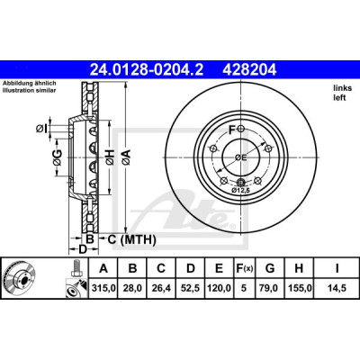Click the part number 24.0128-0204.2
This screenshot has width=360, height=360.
pos(147,70)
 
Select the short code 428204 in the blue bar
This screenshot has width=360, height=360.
pos(249,70)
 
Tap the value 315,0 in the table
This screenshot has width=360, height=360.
pos(103,288)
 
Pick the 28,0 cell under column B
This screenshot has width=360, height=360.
pos(132,288)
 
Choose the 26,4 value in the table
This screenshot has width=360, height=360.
pos(161,288)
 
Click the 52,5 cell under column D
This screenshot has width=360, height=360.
pos(191,288)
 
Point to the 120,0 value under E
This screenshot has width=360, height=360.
pos(220,288)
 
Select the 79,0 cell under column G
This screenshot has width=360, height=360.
pos(270,288)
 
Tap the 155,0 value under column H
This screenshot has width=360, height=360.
pos(300,288)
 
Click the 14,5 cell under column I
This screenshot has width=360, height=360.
pos(337,288)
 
